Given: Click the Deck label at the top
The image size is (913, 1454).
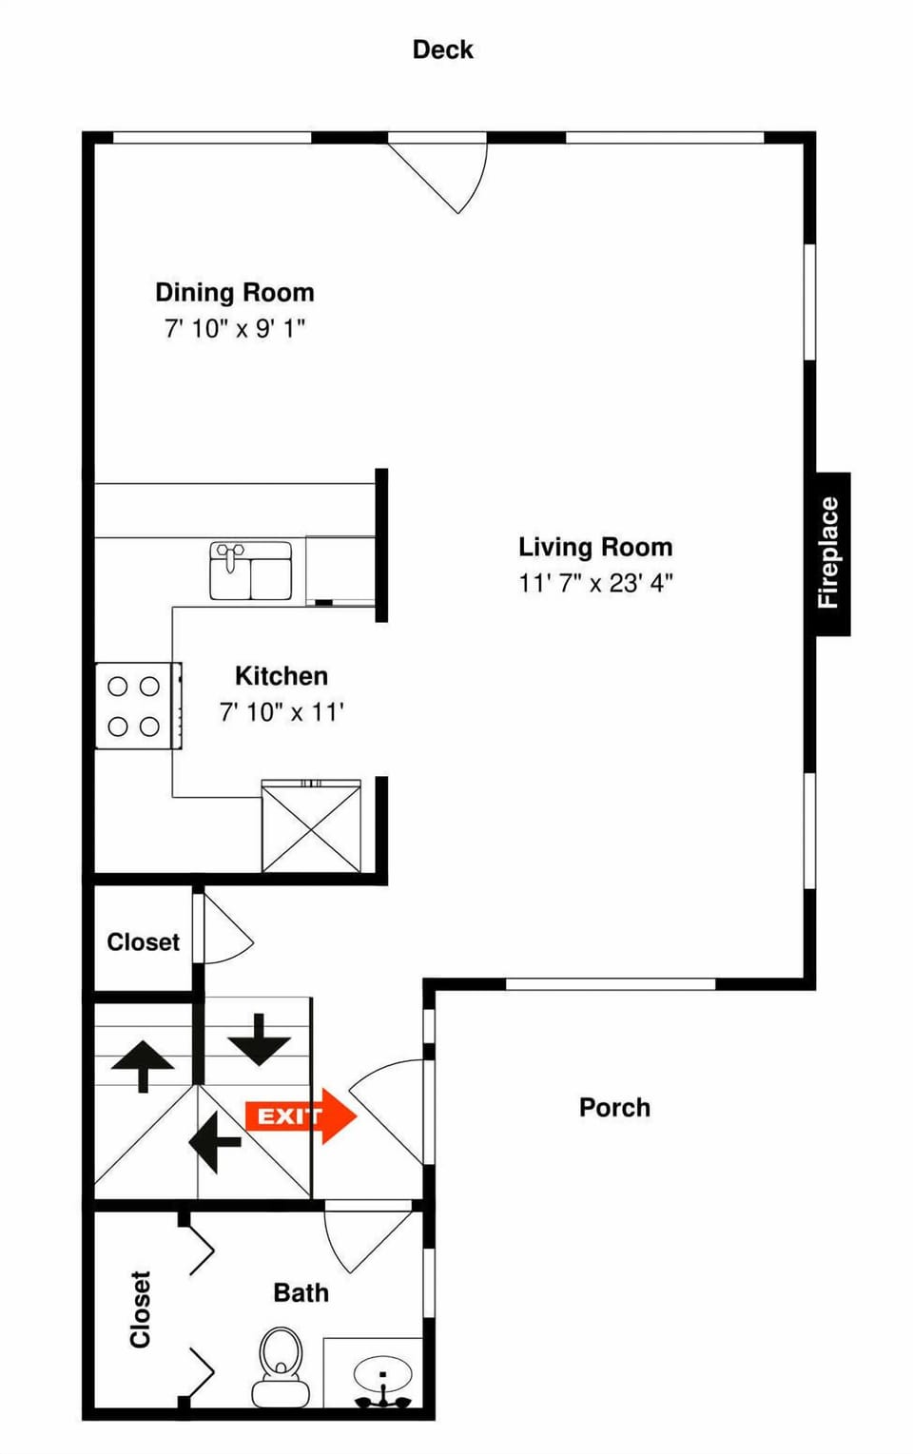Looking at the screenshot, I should (442, 49).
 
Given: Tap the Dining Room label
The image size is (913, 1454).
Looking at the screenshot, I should (234, 292).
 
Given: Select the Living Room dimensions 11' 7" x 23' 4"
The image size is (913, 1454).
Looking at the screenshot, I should (595, 583).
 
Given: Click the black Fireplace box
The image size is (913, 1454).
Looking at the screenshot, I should (831, 553).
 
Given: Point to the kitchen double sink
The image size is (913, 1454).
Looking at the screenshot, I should (250, 571).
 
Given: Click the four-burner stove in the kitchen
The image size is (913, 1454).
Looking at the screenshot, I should (134, 707).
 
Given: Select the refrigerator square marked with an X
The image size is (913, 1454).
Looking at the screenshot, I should (311, 826).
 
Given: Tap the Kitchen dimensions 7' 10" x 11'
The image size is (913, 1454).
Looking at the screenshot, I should (282, 712).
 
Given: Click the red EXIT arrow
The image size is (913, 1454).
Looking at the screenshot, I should (301, 1115).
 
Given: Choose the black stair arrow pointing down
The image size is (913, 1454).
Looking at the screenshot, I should (259, 1039).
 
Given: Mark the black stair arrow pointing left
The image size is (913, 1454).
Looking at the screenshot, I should (215, 1138).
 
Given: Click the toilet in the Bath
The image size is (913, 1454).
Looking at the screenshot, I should (281, 1366).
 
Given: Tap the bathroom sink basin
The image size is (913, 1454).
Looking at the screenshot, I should (382, 1374).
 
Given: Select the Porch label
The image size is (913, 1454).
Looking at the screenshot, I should (614, 1108).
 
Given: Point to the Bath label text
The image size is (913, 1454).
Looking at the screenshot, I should (301, 1293).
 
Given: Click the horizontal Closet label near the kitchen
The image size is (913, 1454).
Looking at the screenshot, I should (143, 942).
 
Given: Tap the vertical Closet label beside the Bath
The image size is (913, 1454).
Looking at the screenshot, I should (141, 1309).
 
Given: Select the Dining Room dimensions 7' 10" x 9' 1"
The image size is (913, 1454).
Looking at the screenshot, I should (234, 329).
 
